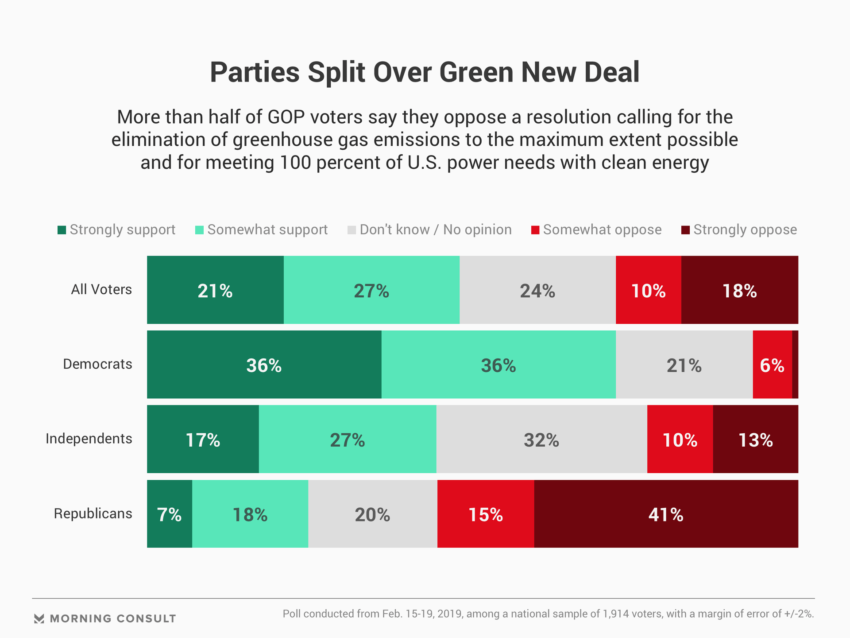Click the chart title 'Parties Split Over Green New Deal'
click(425, 72)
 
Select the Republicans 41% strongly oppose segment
click(666, 514)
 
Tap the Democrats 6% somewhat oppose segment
click(772, 365)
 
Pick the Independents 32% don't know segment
click(541, 439)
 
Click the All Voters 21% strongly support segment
click(215, 290)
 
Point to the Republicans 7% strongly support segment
click(170, 514)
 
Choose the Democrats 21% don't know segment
click(684, 365)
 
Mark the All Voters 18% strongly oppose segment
click(739, 290)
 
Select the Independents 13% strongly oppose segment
click(755, 439)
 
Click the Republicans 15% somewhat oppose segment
click(486, 514)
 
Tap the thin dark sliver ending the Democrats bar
click(795, 365)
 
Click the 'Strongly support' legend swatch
click(62, 230)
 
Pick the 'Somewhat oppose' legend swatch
click(535, 230)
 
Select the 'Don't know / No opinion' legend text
click(436, 230)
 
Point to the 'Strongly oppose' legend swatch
click(685, 230)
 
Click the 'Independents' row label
click(89, 439)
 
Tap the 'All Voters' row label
click(101, 289)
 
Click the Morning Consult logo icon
click(39, 619)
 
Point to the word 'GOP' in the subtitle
click(286, 117)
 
